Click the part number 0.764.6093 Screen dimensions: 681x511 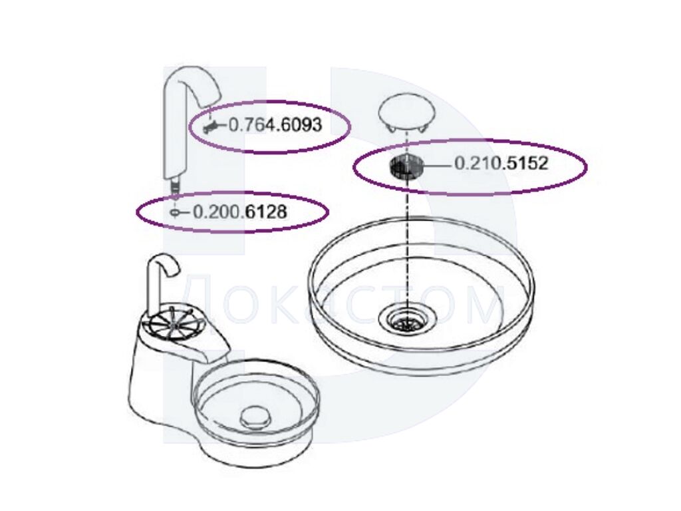tap(275, 125)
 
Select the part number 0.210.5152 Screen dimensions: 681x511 tap(501, 164)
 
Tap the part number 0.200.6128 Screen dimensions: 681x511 tap(239, 212)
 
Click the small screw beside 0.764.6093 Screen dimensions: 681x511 tap(211, 127)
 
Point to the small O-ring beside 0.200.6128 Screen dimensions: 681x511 tap(174, 213)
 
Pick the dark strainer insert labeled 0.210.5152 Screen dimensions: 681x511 tap(406, 167)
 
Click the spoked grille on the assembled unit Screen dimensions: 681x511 tap(172, 324)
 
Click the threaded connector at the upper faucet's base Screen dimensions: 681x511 tap(175, 185)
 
